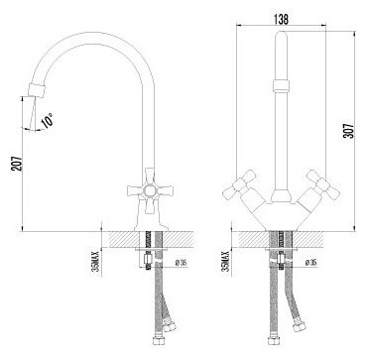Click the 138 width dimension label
[x=281, y=20]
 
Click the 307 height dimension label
[x=350, y=131]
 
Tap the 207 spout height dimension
[x=18, y=164]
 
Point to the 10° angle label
[x=48, y=120]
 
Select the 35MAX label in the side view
[x=96, y=261]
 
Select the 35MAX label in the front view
[x=226, y=261]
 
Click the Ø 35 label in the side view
[x=181, y=263]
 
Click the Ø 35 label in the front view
[x=310, y=263]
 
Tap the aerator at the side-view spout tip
[x=36, y=90]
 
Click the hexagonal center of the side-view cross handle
[x=149, y=190]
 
